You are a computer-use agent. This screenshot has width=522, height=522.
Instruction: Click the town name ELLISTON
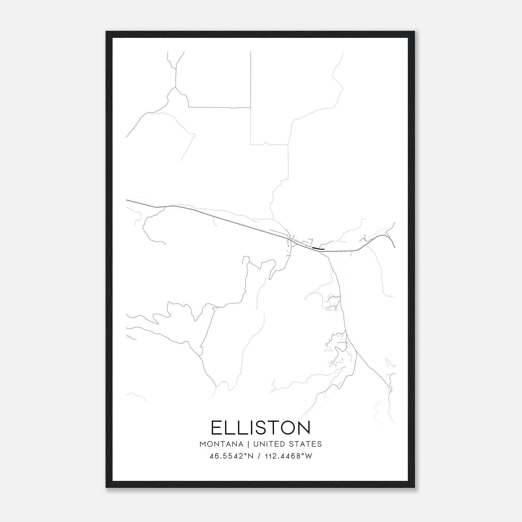(x=261, y=428)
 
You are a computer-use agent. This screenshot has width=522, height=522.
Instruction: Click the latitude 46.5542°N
(x=232, y=456)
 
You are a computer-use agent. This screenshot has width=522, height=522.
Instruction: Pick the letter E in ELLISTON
(x=217, y=428)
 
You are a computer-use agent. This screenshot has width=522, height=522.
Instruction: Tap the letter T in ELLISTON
(x=272, y=428)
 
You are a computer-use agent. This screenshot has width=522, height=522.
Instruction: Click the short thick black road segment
(x=318, y=249)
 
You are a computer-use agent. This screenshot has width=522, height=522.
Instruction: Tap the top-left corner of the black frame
(x=106, y=32)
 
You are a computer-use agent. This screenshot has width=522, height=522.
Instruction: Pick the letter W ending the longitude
(x=309, y=456)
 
